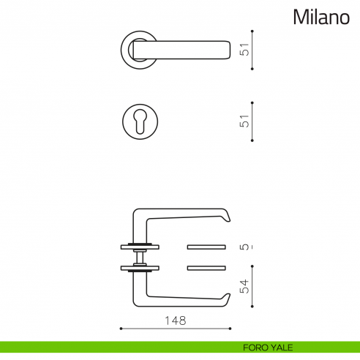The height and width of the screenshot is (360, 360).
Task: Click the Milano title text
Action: pyautogui.click(x=321, y=18)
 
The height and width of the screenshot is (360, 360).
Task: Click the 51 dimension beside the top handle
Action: pyautogui.click(x=246, y=50)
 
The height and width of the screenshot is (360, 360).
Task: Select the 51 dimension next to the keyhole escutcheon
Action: pyautogui.click(x=246, y=121)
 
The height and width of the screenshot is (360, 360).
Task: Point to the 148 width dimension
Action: pyautogui.click(x=176, y=320)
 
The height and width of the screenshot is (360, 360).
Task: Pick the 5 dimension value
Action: pyautogui.click(x=246, y=247)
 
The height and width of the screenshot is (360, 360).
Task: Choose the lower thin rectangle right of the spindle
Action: pyautogui.click(x=209, y=268)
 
